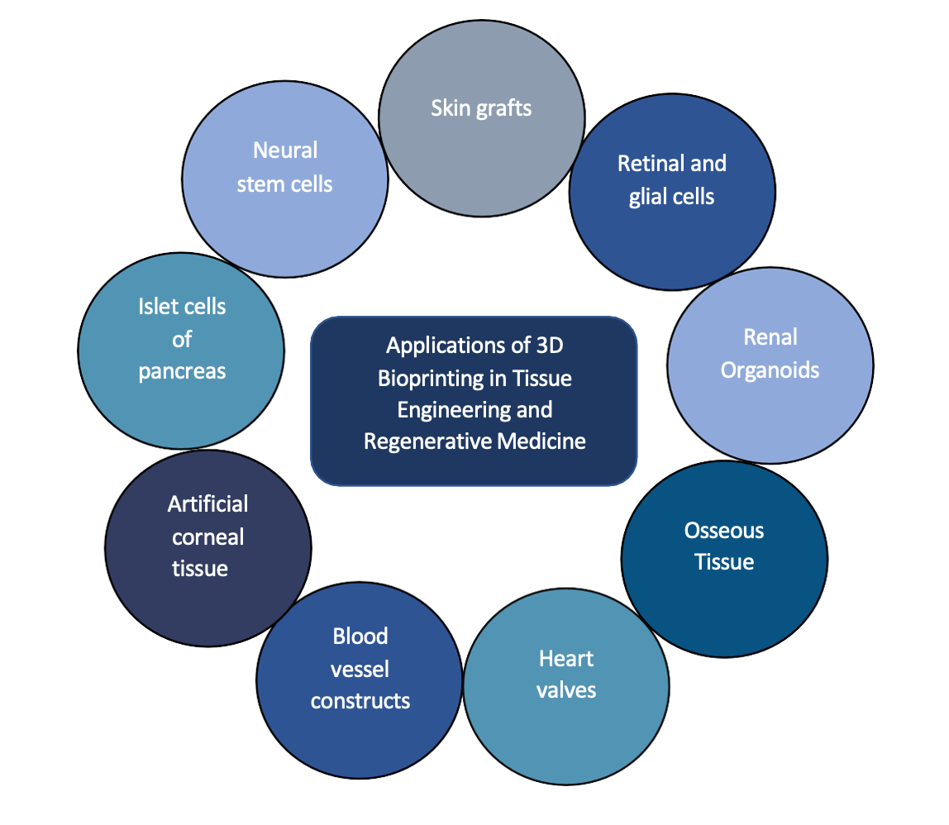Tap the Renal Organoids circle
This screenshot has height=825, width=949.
click(x=770, y=364)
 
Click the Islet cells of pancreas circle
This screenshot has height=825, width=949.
click(x=181, y=347)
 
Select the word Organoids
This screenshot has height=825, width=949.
click(x=770, y=370)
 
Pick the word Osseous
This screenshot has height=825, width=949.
click(x=724, y=530)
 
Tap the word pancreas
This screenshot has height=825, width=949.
click(x=182, y=371)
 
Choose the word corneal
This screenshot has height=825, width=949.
click(x=207, y=537)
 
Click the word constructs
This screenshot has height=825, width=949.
click(x=360, y=701)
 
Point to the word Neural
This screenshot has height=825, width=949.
click(x=285, y=150)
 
